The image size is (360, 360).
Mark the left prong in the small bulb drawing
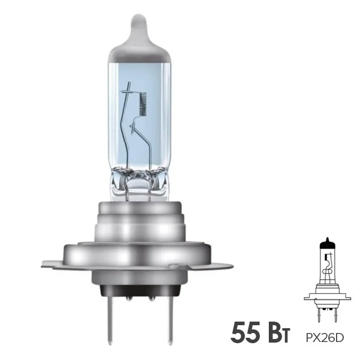point(320,311)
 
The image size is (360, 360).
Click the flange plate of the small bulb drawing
point(327,297)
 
